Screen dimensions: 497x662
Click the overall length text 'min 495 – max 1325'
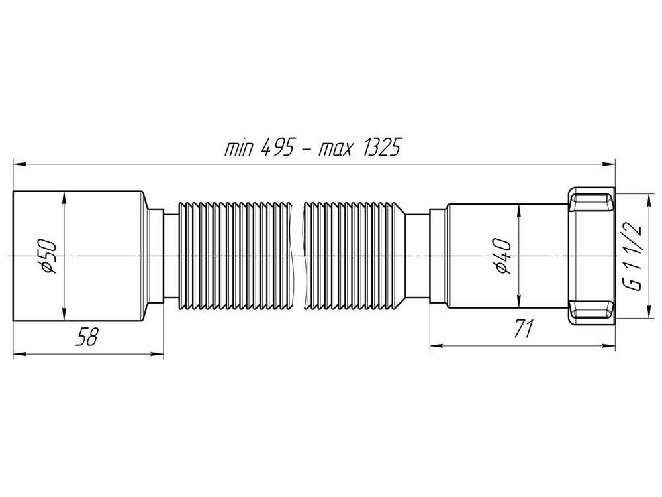pos(312,147)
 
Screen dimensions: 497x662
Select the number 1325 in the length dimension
pos(379,147)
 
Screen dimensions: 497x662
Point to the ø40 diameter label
pos(503,255)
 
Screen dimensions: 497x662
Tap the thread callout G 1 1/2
pos(633,255)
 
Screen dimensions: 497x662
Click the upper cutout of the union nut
pos(591,199)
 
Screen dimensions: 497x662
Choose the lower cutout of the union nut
pos(591,311)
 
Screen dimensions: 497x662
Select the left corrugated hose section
pos(234,255)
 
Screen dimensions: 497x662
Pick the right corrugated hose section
pos(354,255)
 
